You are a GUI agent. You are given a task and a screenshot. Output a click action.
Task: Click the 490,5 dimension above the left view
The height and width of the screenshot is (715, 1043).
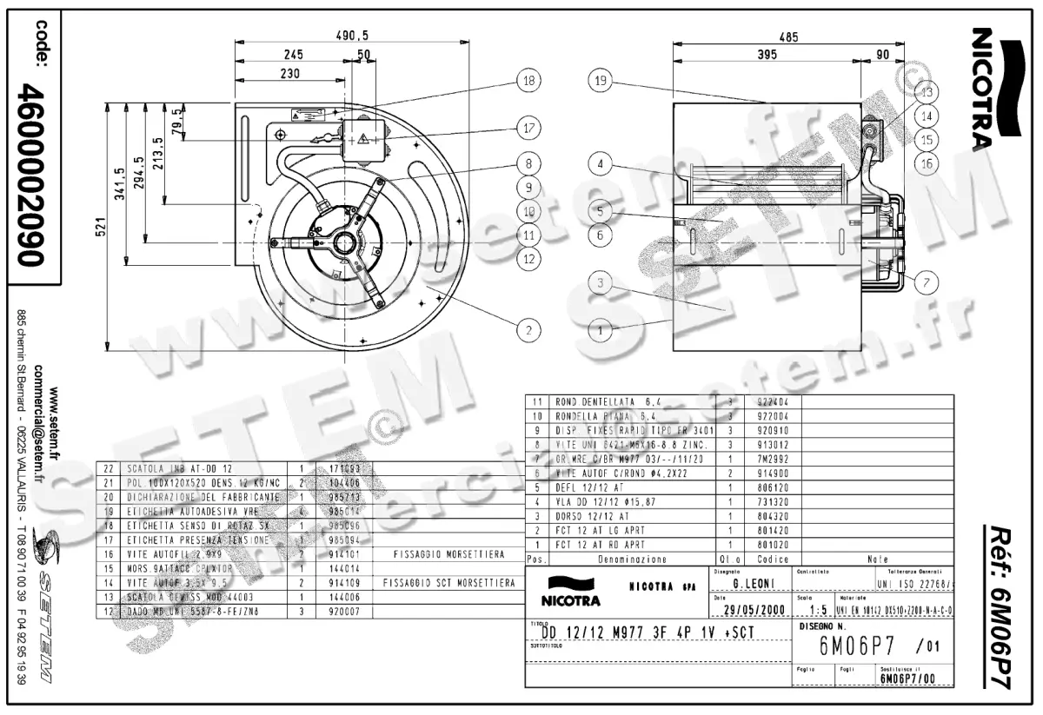click(x=352, y=36)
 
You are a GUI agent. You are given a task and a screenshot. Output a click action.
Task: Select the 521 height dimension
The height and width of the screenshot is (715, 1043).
click(x=100, y=224)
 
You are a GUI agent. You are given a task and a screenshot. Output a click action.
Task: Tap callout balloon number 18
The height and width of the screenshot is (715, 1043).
click(x=527, y=81)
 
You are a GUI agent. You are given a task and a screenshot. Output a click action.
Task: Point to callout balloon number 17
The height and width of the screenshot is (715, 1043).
click(x=527, y=128)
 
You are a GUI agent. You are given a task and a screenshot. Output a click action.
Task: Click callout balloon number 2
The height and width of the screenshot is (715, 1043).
click(x=527, y=329)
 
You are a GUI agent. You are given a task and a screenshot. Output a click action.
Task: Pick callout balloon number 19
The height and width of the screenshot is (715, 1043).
click(x=600, y=81)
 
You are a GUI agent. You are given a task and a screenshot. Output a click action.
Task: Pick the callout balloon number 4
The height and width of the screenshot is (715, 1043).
click(x=600, y=162)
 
